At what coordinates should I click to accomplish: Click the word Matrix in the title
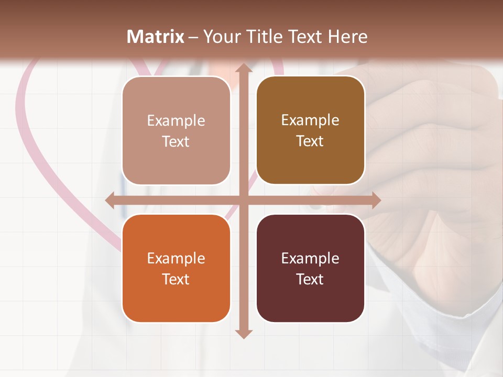(x=156, y=37)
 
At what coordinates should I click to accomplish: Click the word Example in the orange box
(x=176, y=258)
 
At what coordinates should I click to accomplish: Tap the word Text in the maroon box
(x=310, y=279)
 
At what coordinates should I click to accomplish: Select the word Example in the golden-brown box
(x=310, y=120)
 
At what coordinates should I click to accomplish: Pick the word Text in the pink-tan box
(x=176, y=141)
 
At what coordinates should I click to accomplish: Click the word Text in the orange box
(x=176, y=279)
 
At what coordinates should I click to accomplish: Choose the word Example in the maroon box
(x=310, y=258)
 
